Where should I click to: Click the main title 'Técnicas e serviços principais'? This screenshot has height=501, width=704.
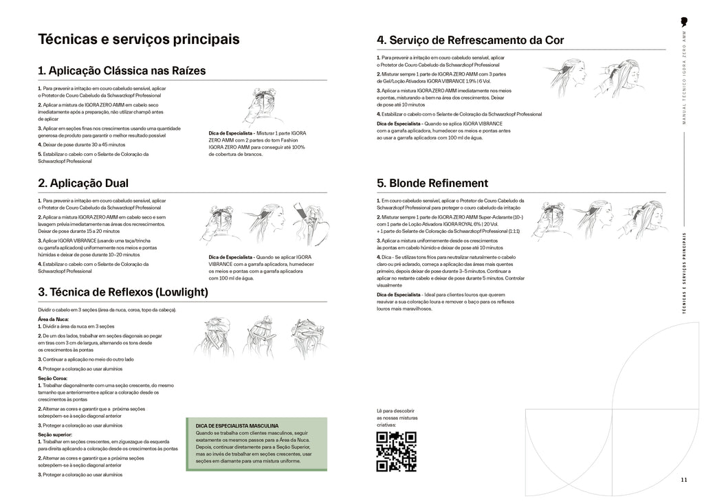pos(139,39)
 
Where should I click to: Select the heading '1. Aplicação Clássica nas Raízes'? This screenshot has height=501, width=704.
pos(122,71)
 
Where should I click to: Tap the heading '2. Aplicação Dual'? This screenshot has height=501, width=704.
pos(83,183)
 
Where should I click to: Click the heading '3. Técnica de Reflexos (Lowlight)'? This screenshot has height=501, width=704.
pos(123,292)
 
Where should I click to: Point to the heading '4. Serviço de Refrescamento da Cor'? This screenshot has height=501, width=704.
pos(470,41)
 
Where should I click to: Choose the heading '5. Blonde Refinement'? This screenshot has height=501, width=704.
pos(432,183)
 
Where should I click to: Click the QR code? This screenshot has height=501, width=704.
pos(396,452)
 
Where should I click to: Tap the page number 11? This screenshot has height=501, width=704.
pos(683,480)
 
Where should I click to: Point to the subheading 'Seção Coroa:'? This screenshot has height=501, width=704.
pos(54,377)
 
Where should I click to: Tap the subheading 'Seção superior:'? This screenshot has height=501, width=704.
pos(55,434)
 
